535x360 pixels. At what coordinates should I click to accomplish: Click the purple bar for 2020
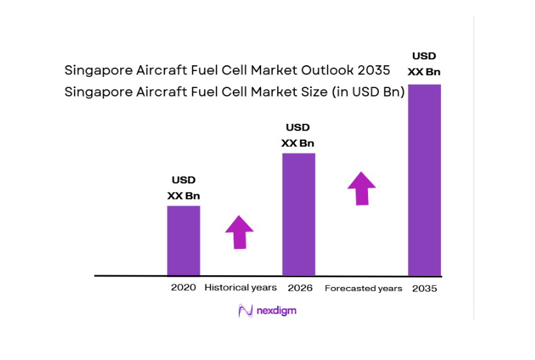(183, 241)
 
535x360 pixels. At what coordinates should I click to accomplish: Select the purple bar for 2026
(298, 215)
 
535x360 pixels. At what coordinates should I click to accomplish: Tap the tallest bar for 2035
(424, 180)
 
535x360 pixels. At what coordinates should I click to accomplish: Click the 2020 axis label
(183, 288)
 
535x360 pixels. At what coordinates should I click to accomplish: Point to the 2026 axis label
(299, 288)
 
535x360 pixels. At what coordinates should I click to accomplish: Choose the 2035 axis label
(425, 288)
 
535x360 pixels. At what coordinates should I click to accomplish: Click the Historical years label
(241, 288)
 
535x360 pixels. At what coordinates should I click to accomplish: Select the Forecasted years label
(363, 288)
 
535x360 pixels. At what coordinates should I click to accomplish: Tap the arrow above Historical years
(239, 232)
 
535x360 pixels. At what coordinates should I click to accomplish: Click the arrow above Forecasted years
(361, 188)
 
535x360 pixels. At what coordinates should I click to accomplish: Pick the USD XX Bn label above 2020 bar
(183, 188)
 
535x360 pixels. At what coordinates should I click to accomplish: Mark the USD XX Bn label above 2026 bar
(298, 135)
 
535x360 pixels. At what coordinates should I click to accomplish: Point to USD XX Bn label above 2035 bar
(424, 64)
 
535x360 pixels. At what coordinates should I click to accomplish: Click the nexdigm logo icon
(245, 311)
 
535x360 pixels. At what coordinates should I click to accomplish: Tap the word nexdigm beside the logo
(276, 311)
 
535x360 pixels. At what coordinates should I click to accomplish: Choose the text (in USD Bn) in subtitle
(369, 93)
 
